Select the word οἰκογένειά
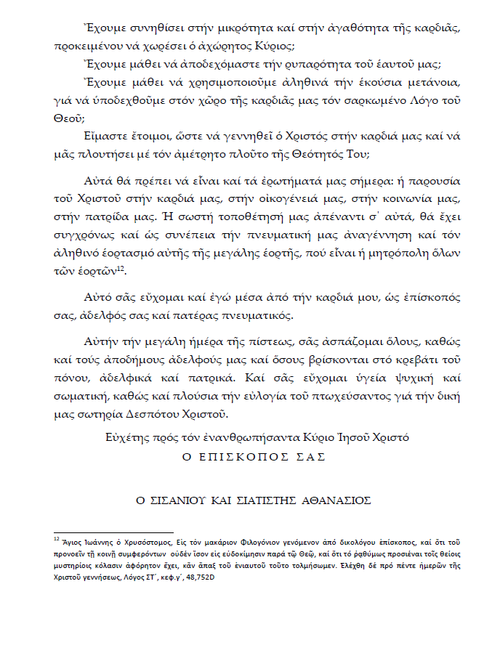pos(321,197)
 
